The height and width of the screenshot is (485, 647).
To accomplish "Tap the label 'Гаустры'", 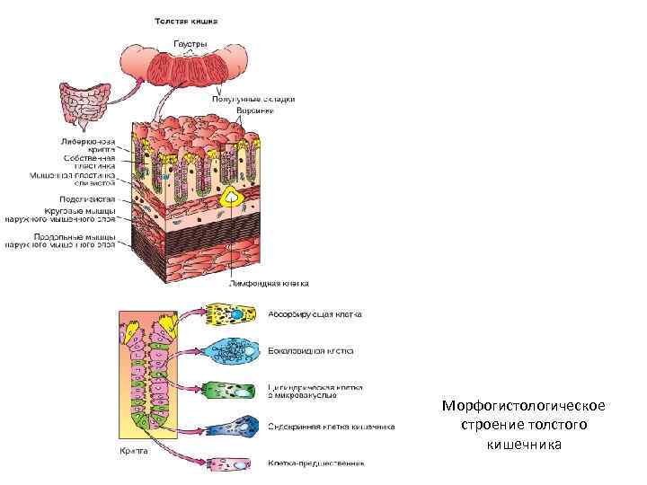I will pos(190,42).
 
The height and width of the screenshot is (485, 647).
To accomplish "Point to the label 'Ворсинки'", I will pos(254,110).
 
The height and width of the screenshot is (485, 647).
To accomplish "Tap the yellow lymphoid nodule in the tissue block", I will pos(231,197).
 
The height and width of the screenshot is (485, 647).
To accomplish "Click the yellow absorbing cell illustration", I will pos(234,314).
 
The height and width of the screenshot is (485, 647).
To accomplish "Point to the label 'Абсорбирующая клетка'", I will pos(315,314).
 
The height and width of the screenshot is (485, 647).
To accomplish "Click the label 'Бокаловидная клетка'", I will pos(310,351).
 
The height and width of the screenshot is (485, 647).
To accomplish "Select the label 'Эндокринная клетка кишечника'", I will pos(332,427).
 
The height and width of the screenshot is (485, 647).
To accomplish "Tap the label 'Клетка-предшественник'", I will pos(316,463).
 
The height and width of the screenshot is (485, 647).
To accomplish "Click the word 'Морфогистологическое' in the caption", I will pos(523,405).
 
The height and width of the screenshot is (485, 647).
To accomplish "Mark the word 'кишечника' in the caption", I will pos(523,443).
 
